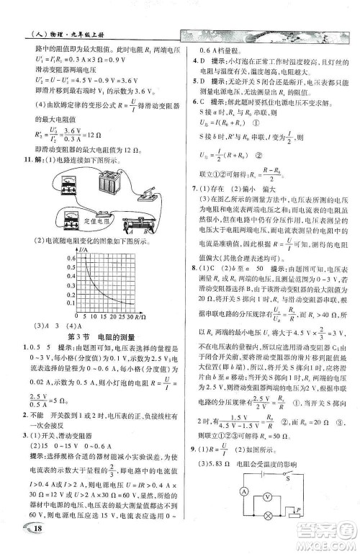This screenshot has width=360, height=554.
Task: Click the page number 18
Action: coord(19,531)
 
